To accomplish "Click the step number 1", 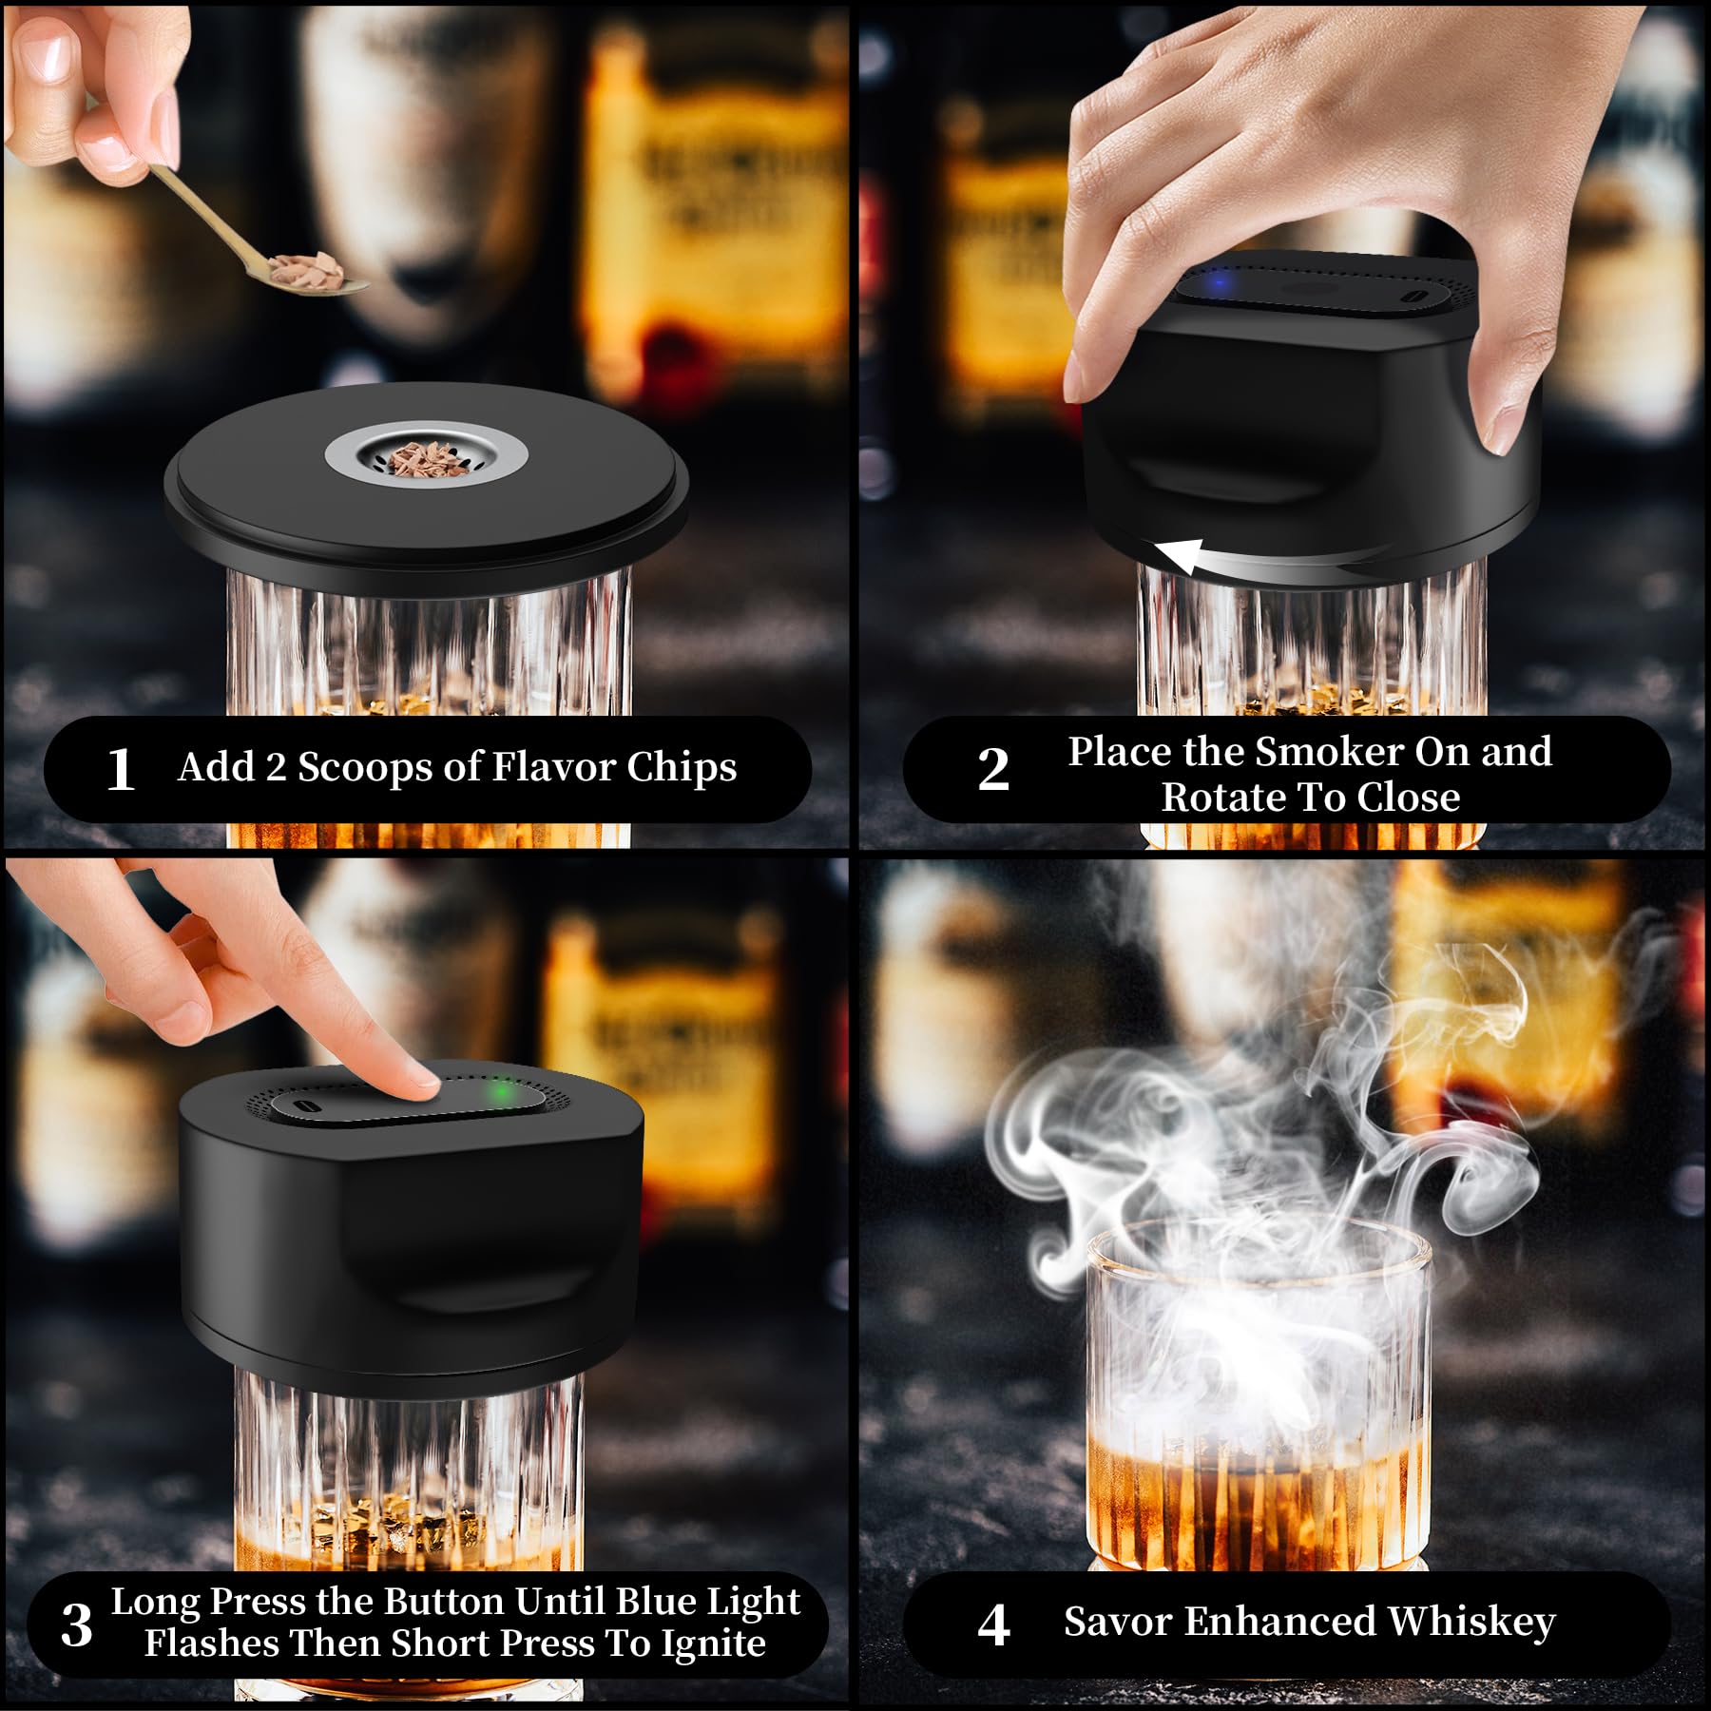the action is pyautogui.click(x=120, y=769).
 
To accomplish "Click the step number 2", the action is pyautogui.click(x=993, y=769).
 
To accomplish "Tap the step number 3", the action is pyautogui.click(x=77, y=1624).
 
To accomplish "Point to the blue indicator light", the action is pyautogui.click(x=1218, y=282).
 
